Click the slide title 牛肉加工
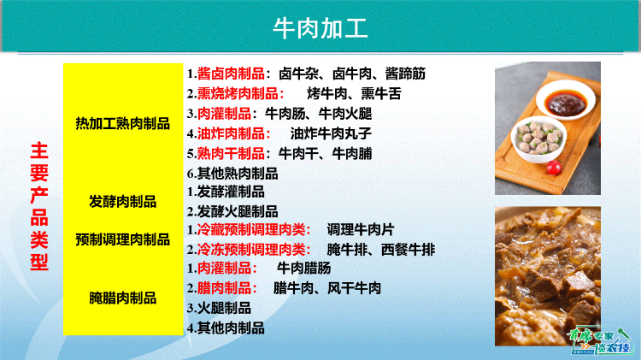pyautogui.click(x=320, y=29)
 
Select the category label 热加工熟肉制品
pyautogui.click(x=122, y=122)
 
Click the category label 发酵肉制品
pyautogui.click(x=122, y=202)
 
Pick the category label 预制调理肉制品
pyautogui.click(x=122, y=239)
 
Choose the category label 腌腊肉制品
pyautogui.click(x=122, y=298)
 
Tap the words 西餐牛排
pyautogui.click(x=408, y=250)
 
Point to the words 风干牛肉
pyautogui.click(x=355, y=288)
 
